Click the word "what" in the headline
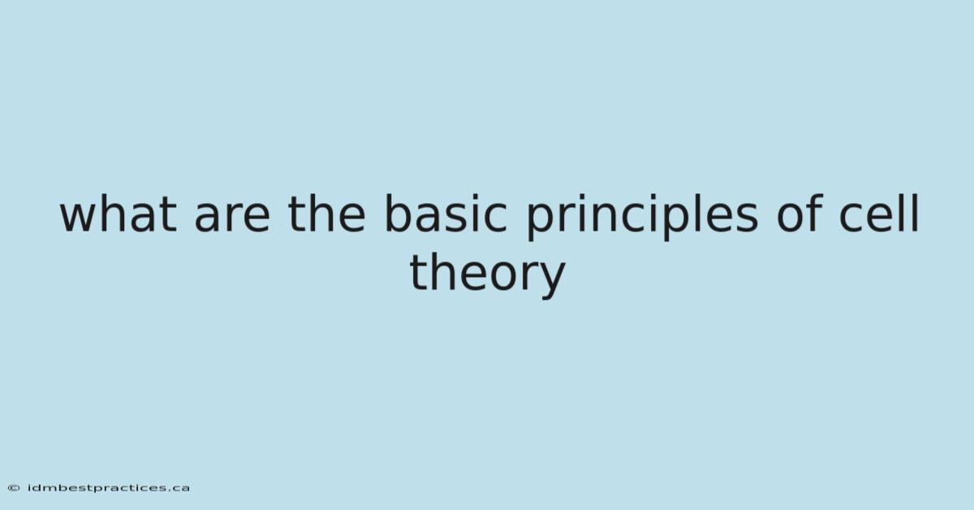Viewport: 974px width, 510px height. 119,214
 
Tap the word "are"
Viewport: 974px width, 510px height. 232,219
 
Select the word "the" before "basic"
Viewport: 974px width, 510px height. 326,214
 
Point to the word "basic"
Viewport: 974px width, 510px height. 446,214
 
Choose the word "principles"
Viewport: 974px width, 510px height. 643,216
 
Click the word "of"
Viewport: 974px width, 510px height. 799,213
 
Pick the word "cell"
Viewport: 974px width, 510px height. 879,213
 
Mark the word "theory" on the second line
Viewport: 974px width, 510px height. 487,275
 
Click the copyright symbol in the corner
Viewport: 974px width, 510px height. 14,488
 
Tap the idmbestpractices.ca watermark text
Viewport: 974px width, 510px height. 109,488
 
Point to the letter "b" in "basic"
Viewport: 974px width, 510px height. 399,214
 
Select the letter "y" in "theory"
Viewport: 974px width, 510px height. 551,282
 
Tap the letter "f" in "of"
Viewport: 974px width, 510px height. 814,213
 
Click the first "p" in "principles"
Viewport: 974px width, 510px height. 540,223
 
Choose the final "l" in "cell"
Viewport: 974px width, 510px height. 916,214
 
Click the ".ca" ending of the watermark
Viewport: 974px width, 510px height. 179,489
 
